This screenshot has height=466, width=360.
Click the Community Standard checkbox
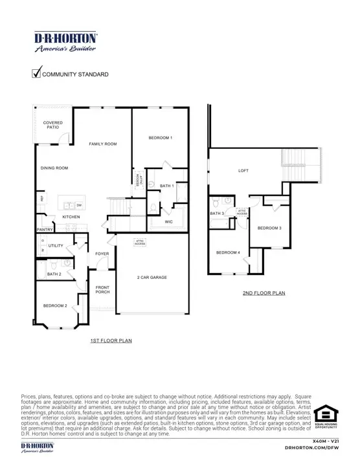(37, 74)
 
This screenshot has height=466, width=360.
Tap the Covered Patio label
(53, 125)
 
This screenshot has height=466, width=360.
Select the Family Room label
(103, 144)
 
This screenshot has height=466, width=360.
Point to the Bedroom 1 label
(160, 138)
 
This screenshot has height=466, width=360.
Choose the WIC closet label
(169, 221)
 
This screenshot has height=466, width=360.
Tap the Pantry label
(45, 229)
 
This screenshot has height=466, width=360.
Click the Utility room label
(56, 246)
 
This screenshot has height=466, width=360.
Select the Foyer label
(102, 254)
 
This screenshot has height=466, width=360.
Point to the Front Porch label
(102, 289)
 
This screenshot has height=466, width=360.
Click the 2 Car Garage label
(152, 277)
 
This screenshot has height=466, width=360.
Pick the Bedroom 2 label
(56, 305)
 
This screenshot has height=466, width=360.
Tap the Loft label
(243, 171)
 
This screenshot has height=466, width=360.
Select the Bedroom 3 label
(269, 228)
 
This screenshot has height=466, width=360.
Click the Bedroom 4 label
(228, 252)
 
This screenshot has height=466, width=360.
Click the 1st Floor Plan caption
(111, 340)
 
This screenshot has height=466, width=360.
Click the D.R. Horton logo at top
(65, 40)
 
